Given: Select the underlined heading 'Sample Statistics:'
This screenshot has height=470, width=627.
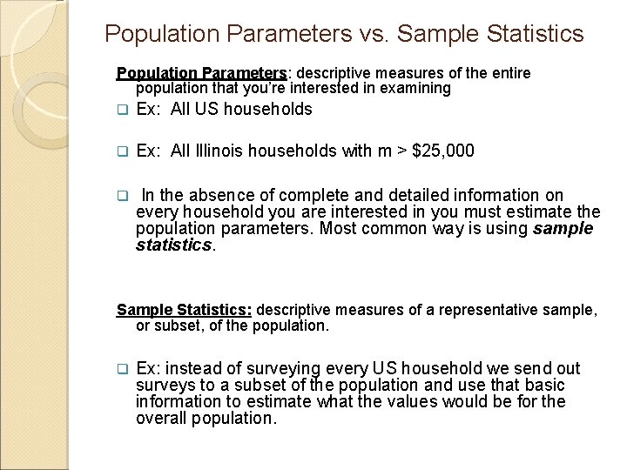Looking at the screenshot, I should [185, 310].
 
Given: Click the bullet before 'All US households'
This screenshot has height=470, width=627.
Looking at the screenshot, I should [122, 110].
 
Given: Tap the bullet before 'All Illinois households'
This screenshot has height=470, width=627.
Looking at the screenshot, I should [122, 152].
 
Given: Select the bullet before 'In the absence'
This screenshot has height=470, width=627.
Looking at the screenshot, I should [122, 196].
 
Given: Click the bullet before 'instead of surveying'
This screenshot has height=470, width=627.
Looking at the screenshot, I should [122, 369].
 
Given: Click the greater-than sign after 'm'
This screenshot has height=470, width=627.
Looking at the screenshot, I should [401, 151].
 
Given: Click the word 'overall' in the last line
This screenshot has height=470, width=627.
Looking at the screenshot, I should [161, 418].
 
